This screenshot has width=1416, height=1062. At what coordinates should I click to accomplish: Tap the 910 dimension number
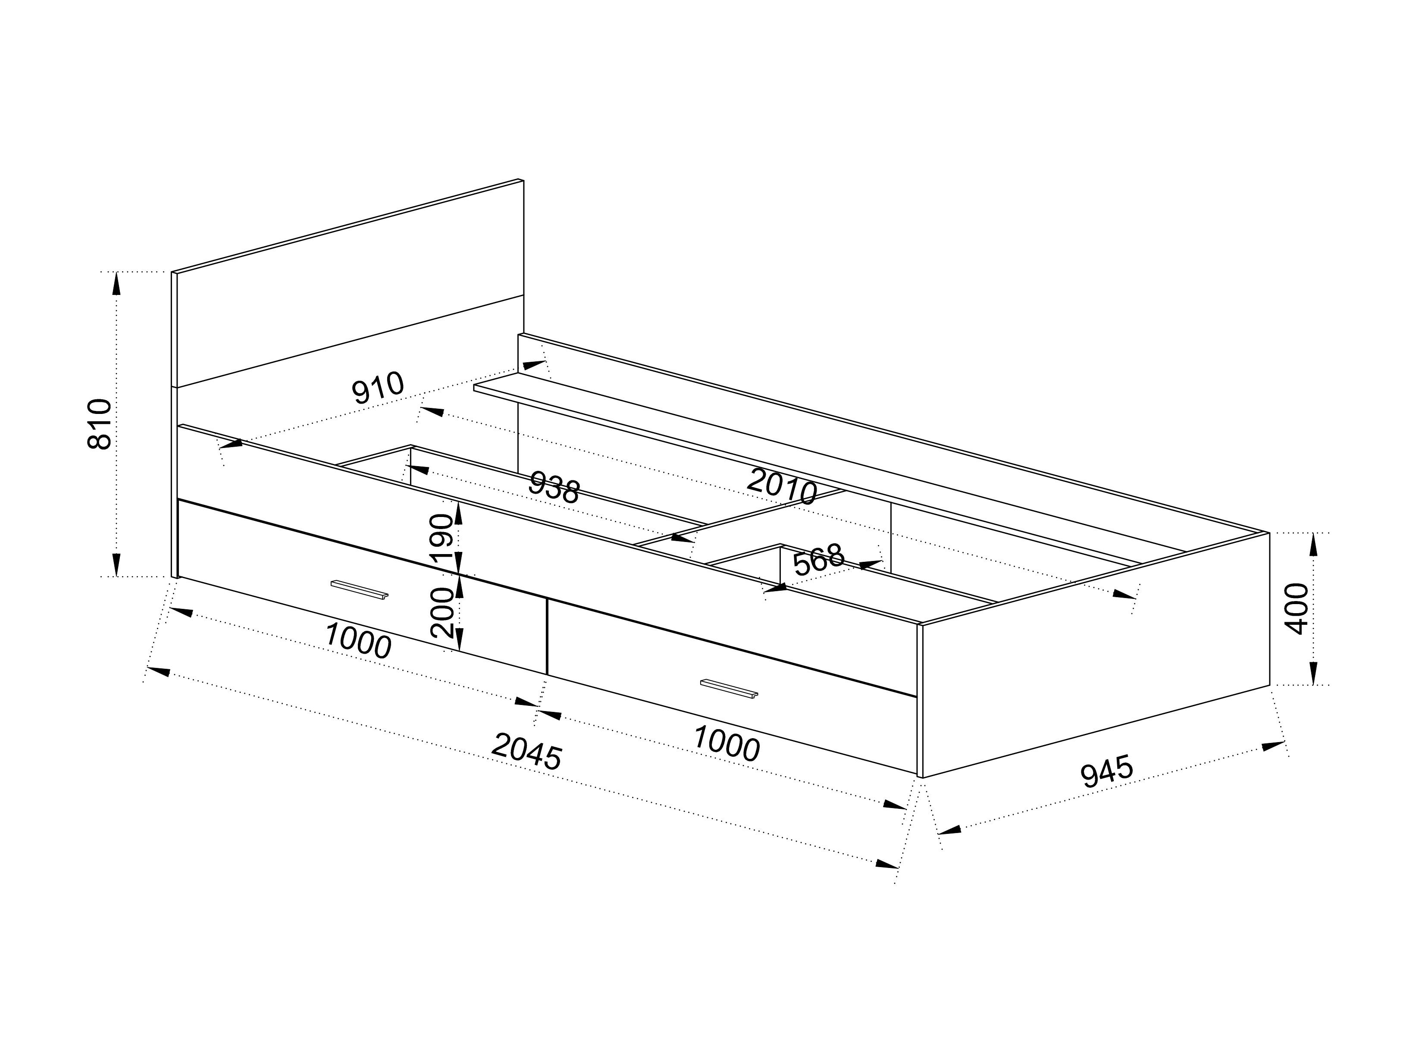tap(378, 387)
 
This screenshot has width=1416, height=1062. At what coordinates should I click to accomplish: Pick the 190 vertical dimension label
tap(442, 539)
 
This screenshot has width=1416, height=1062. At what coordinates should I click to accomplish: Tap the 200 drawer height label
tap(442, 611)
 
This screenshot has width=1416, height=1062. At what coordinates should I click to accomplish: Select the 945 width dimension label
tap(1107, 771)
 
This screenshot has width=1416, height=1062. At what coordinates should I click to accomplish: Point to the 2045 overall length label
tap(527, 752)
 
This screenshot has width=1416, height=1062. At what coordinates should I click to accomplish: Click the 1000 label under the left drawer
tap(358, 640)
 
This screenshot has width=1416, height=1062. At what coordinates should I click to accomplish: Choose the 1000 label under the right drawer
tap(727, 742)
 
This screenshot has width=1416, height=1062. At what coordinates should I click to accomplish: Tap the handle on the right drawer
tap(729, 689)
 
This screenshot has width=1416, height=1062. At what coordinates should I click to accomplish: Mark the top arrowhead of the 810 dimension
tap(116, 284)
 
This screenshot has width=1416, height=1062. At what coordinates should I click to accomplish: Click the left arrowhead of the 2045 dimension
tap(159, 671)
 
